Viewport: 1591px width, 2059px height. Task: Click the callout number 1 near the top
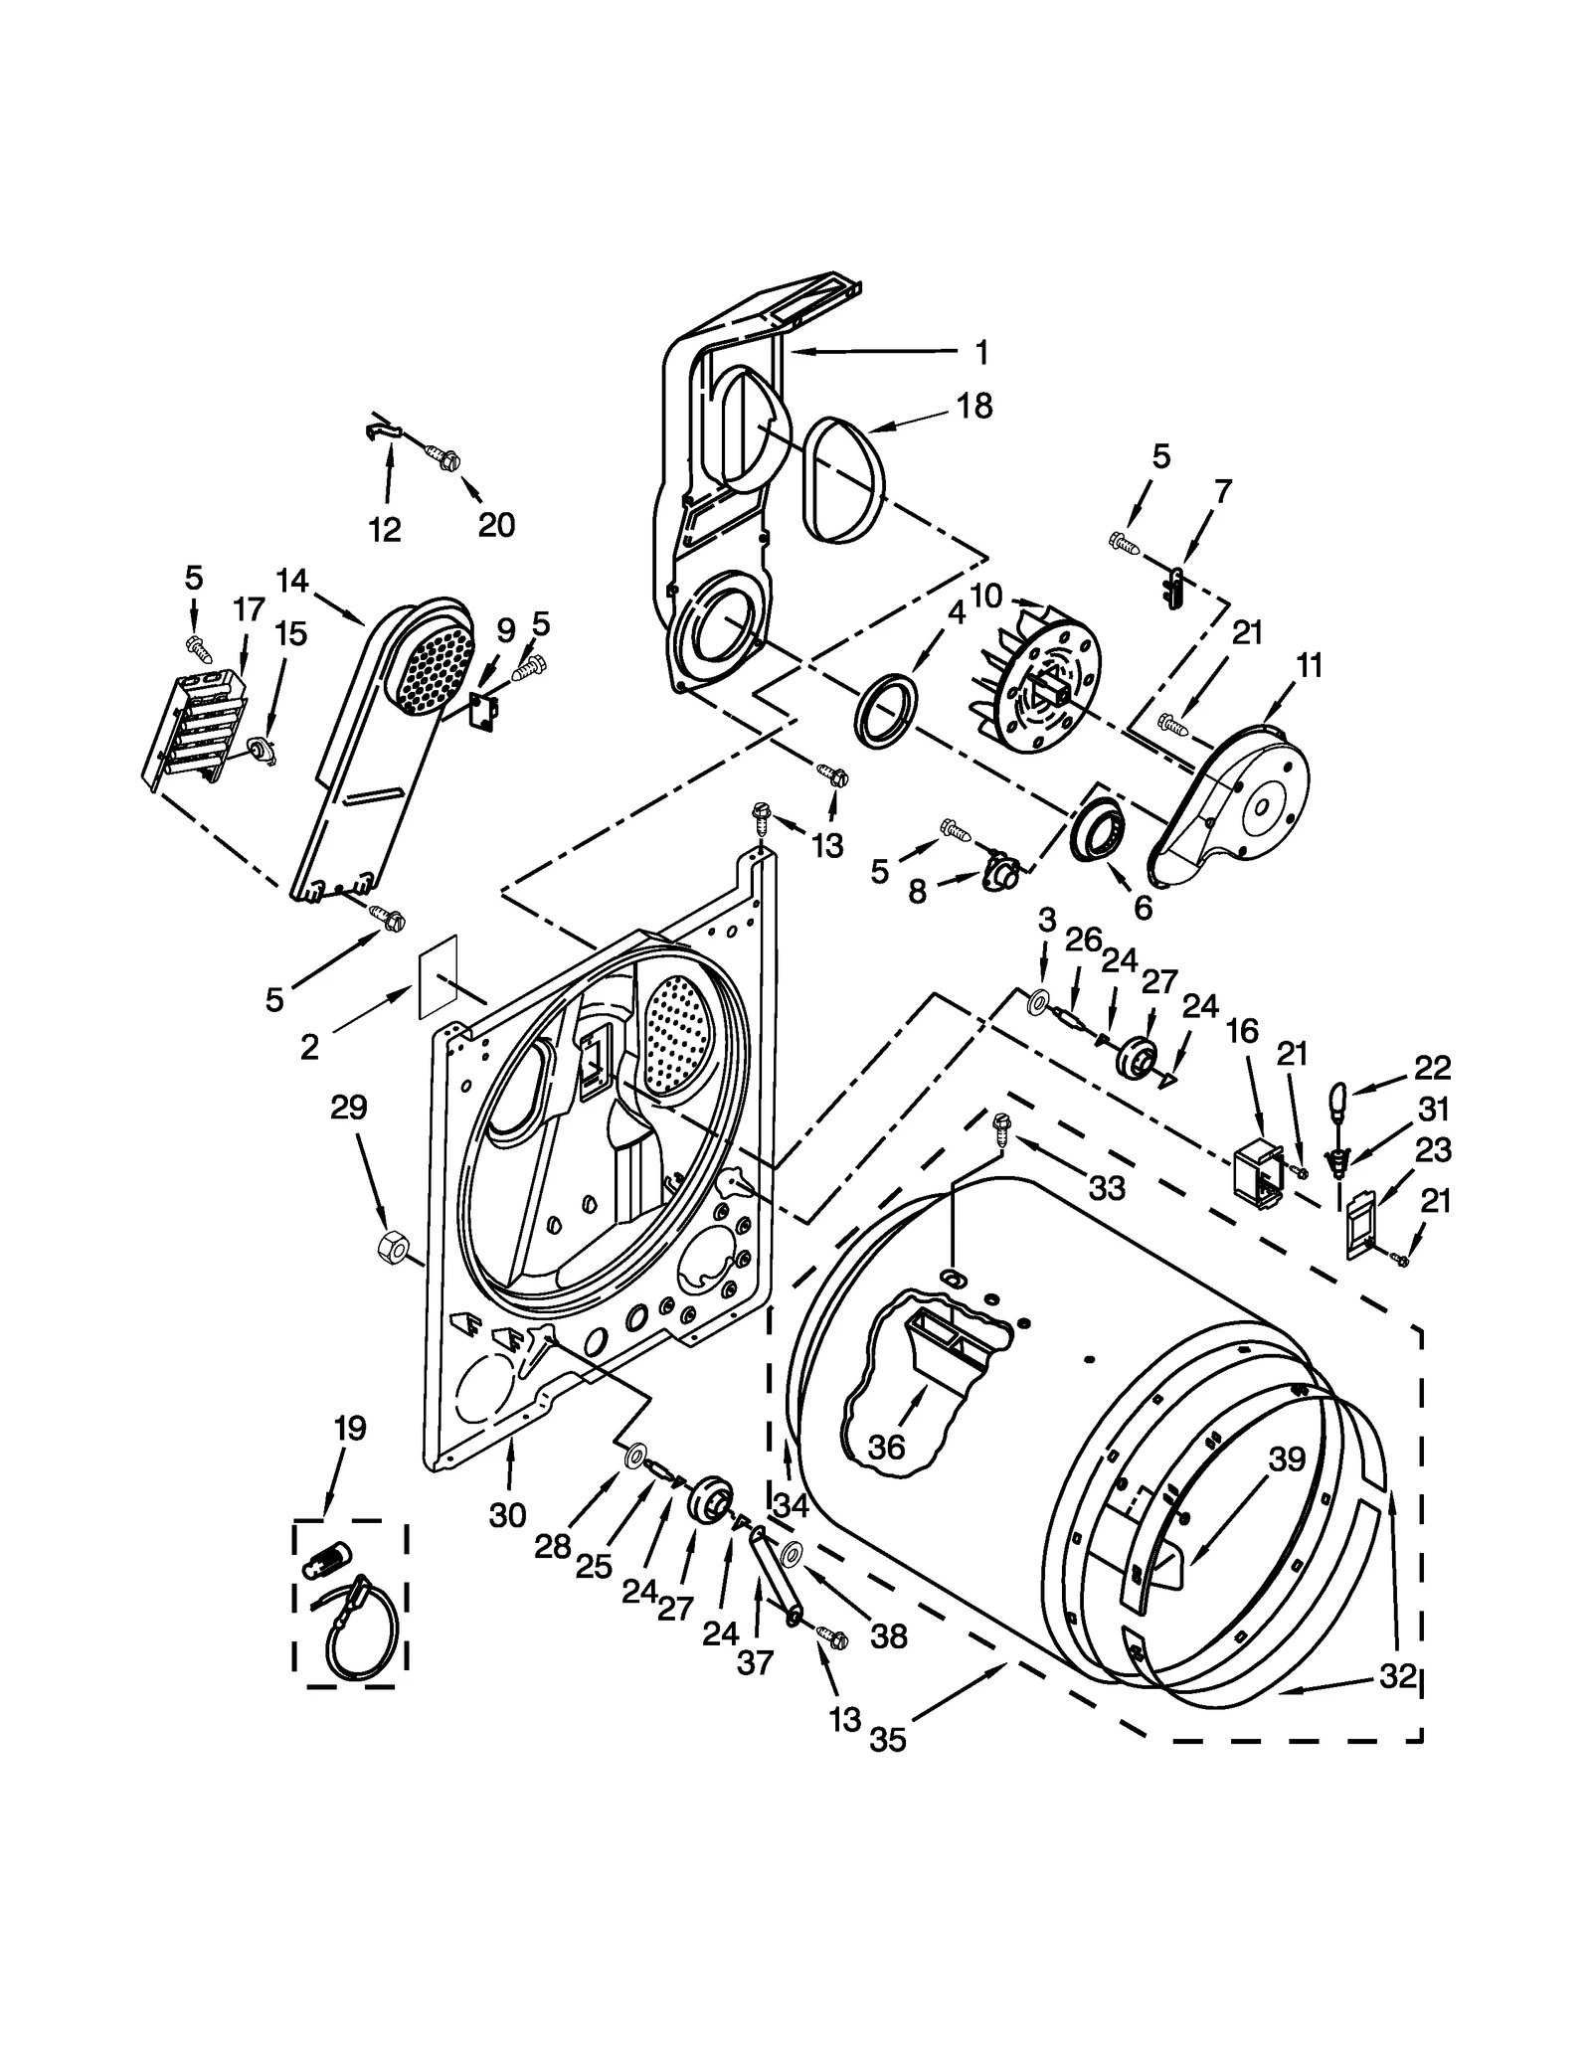980,352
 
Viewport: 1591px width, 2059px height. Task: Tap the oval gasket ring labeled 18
845,480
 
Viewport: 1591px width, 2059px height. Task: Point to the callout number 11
1310,666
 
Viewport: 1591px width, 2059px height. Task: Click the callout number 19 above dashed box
349,1429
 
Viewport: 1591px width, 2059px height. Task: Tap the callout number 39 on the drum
1286,1459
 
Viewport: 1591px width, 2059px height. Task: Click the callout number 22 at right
1432,1068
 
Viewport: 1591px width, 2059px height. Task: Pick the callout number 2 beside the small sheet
309,1046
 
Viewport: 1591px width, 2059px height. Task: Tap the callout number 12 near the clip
384,529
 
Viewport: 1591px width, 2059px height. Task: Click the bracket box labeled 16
1255,1173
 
